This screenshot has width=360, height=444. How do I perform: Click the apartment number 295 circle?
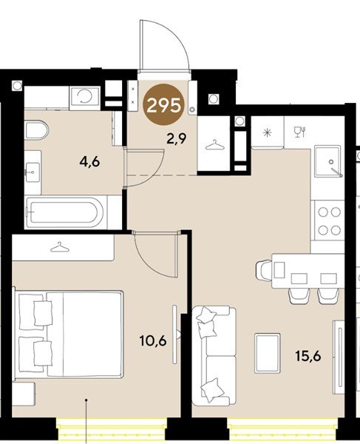[x=164, y=105]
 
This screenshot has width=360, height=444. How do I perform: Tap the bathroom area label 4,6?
[x=89, y=162]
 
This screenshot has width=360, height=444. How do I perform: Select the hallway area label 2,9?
[x=176, y=138]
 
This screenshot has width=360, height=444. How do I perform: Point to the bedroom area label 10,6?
[x=153, y=340]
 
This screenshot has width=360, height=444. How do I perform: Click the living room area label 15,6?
[x=308, y=356]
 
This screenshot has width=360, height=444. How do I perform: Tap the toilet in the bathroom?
[x=36, y=130]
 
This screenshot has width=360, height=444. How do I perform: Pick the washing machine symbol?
[x=85, y=97]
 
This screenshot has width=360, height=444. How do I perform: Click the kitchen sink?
[x=328, y=161]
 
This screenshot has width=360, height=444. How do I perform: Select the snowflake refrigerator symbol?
[x=267, y=132]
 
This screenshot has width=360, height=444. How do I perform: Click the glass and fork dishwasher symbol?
[x=300, y=132]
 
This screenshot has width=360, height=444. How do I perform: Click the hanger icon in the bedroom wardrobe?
[x=60, y=247]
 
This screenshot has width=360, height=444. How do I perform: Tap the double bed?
[x=69, y=334]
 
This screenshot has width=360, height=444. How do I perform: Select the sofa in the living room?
[x=214, y=356]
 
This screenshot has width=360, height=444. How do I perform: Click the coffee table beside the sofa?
[x=268, y=353]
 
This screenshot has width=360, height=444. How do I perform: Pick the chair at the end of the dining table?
[x=264, y=270]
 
